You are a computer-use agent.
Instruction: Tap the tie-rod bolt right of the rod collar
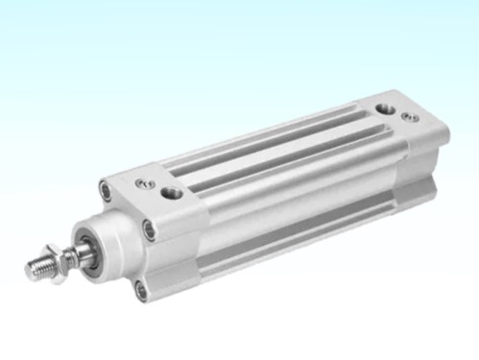(148, 228)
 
